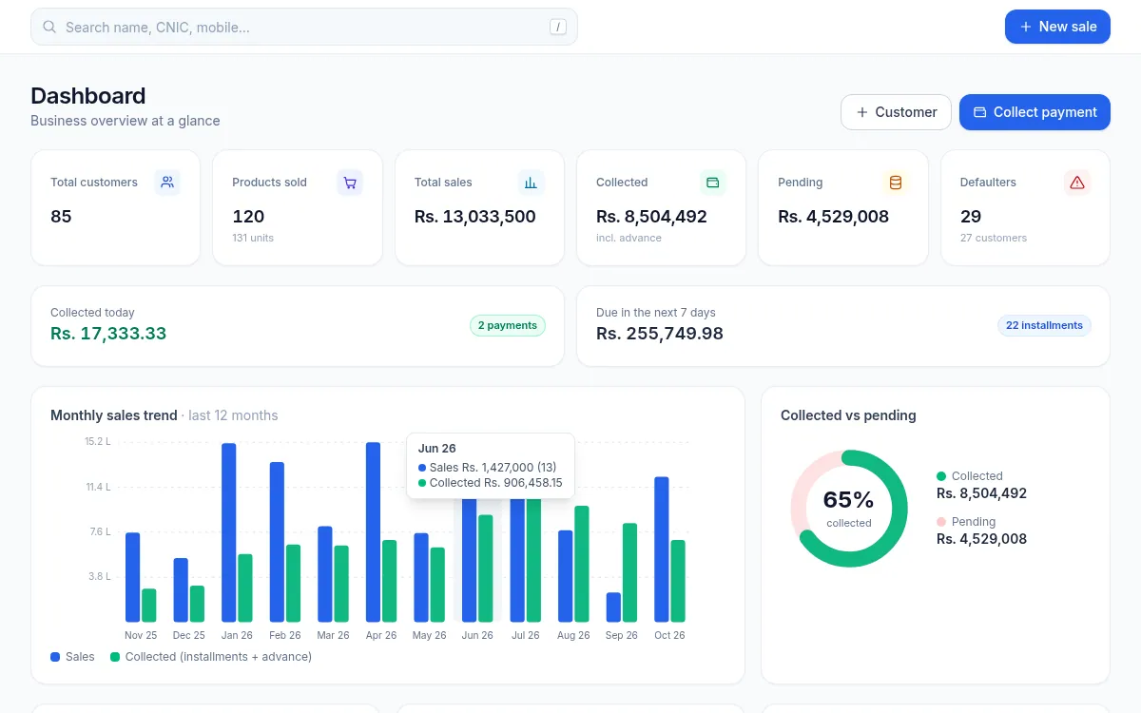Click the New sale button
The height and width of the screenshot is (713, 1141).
click(x=1057, y=27)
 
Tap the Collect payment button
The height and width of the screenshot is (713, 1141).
click(x=1035, y=112)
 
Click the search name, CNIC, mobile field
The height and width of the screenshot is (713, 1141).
click(x=304, y=27)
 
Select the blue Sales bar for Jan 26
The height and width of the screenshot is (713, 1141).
click(x=229, y=532)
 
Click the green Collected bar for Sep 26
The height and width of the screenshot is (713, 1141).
click(x=629, y=572)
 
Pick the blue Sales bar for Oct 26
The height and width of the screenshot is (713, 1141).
click(x=661, y=549)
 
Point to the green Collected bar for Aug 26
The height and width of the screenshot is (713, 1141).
click(x=582, y=564)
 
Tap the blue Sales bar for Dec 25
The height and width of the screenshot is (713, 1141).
click(x=181, y=589)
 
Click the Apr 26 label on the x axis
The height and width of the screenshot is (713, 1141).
click(x=381, y=635)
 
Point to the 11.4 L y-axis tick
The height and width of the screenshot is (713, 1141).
click(x=98, y=487)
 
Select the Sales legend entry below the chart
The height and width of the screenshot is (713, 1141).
click(x=72, y=657)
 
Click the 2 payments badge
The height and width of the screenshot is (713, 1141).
click(x=508, y=325)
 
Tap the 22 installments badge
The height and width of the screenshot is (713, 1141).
click(x=1044, y=325)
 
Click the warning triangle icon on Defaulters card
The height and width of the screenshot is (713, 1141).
click(x=1076, y=183)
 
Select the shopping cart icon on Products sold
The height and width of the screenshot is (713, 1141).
click(x=350, y=183)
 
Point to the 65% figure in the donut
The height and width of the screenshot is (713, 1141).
click(x=848, y=500)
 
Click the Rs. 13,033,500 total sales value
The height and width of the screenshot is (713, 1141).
click(x=474, y=217)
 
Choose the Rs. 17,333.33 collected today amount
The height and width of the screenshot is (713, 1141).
click(x=108, y=333)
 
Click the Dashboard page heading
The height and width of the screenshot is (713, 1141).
click(x=88, y=96)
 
